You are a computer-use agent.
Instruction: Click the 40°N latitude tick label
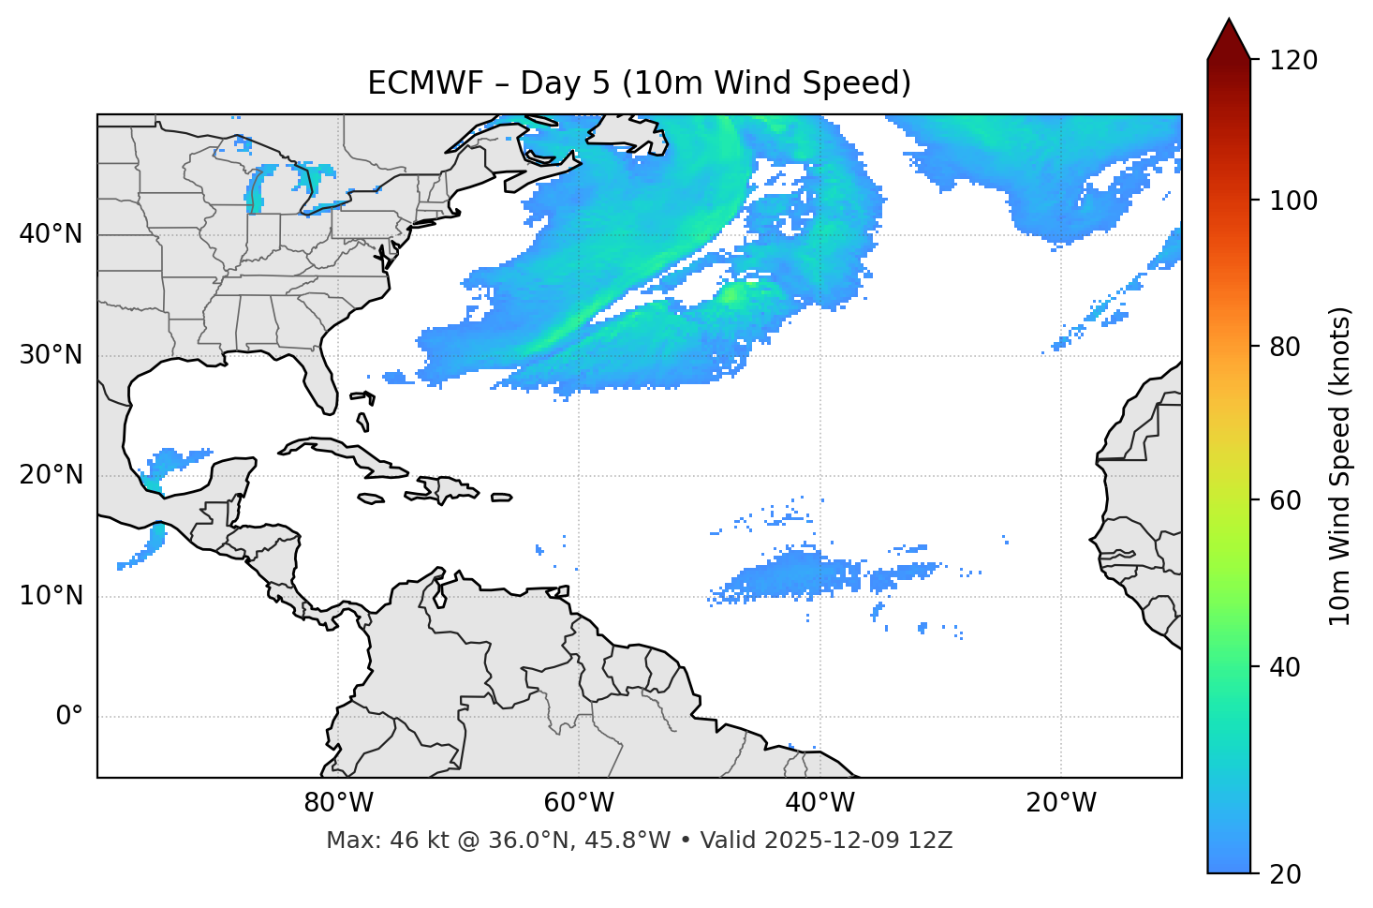click(51, 234)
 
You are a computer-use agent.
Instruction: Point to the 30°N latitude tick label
click(51, 355)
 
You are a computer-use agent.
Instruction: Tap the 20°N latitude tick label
click(51, 475)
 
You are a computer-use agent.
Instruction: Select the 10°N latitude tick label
click(51, 596)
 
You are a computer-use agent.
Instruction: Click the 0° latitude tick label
click(69, 717)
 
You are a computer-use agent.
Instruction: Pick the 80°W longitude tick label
click(338, 803)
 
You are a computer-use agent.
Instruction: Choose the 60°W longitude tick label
click(579, 803)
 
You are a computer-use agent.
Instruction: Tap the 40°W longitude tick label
click(819, 803)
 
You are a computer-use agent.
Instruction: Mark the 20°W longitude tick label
click(1061, 803)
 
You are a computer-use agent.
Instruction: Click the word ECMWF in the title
click(412, 83)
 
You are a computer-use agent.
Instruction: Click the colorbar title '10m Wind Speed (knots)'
click(1340, 467)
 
